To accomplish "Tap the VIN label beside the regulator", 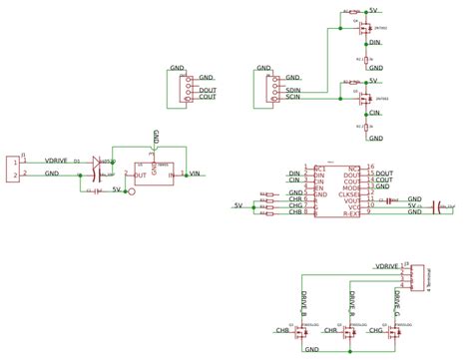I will coord(197,174).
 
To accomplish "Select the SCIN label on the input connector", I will coord(294,98).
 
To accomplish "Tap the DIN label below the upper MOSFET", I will coord(375,43).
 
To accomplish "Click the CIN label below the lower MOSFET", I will coord(375,113).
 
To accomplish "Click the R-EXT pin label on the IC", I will coord(351,212).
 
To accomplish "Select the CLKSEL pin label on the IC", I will coord(348,193).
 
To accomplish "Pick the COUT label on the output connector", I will coord(208,98).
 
